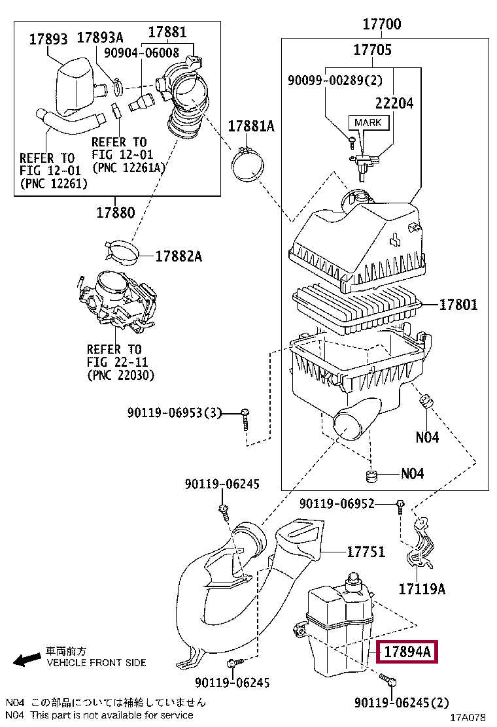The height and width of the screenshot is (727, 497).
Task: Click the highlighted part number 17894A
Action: (x=407, y=652)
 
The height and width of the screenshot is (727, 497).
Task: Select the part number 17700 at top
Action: (x=381, y=24)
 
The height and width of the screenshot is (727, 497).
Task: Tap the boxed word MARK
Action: (x=368, y=122)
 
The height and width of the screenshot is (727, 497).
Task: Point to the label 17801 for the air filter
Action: (x=458, y=305)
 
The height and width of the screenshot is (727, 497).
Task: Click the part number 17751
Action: (x=366, y=552)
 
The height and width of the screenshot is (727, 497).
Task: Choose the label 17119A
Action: (x=422, y=589)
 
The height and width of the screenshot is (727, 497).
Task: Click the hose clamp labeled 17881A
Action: (x=248, y=165)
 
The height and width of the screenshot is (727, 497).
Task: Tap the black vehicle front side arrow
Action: (x=26, y=660)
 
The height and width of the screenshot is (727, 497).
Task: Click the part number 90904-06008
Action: (x=141, y=52)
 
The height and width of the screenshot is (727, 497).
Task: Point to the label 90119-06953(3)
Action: (x=175, y=413)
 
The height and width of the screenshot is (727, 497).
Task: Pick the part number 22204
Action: (x=394, y=103)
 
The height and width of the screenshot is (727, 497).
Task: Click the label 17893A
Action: (x=100, y=37)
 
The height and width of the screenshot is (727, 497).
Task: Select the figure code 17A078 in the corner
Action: (x=468, y=718)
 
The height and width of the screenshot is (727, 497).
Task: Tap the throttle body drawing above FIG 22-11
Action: (x=118, y=301)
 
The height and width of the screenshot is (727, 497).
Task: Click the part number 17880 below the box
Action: (x=116, y=213)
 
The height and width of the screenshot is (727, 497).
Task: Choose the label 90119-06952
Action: (x=337, y=503)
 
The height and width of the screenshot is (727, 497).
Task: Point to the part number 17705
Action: (x=372, y=50)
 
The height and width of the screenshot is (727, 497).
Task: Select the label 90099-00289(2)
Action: (x=335, y=80)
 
